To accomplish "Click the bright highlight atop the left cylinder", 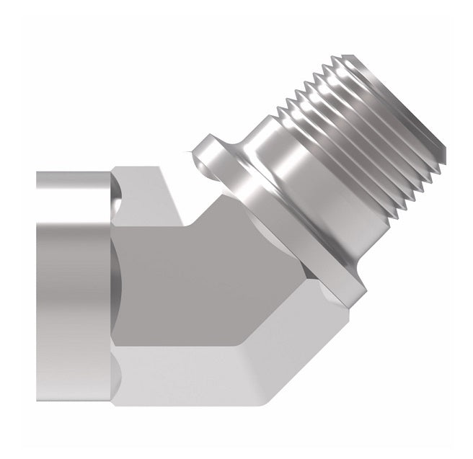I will click(72, 180).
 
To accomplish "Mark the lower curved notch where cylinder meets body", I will click(118, 375).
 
